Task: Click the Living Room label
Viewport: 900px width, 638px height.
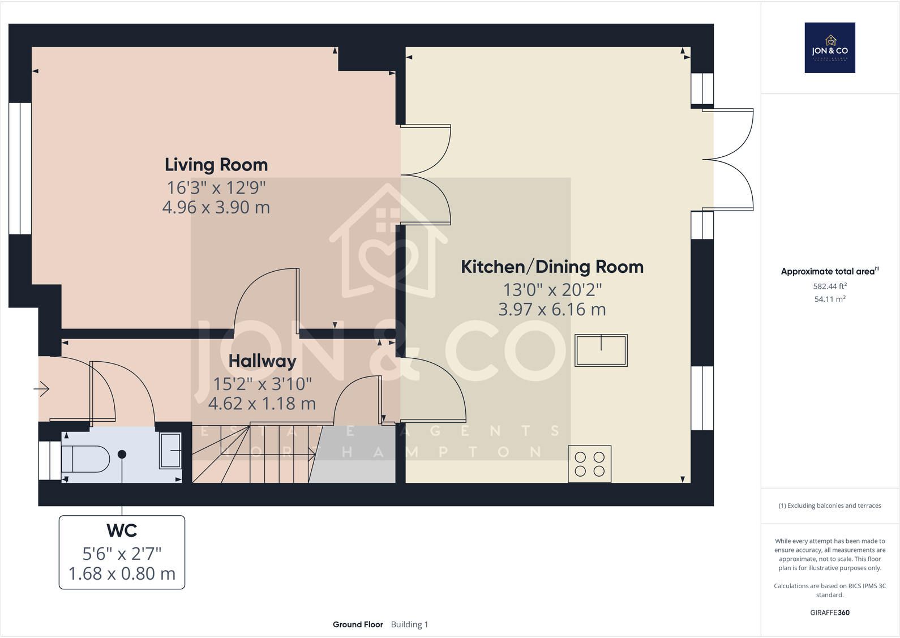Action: click(x=216, y=165)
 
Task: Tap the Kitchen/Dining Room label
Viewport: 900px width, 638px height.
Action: click(x=552, y=267)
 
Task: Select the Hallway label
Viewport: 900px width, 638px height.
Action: click(x=263, y=361)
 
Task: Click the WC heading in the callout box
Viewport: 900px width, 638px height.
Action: click(x=122, y=530)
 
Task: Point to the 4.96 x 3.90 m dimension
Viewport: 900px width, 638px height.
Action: click(x=216, y=207)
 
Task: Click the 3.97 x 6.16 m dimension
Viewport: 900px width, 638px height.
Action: click(x=552, y=309)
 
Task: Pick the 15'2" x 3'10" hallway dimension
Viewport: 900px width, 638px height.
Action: click(x=263, y=384)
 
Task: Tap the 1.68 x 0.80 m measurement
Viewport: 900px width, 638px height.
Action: click(x=122, y=573)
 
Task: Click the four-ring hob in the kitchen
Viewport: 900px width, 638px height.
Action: click(x=589, y=464)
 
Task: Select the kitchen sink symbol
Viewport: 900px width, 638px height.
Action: click(x=601, y=350)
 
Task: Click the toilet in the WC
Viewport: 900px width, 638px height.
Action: click(x=85, y=459)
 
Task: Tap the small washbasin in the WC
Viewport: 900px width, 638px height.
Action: click(x=170, y=451)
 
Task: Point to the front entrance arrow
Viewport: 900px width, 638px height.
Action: click(x=41, y=388)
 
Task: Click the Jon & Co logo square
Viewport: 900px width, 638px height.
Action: click(x=830, y=48)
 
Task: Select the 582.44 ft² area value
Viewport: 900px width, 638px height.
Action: click(x=830, y=286)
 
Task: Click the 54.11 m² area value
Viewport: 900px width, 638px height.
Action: click(x=830, y=299)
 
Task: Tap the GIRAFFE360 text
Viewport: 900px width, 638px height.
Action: click(x=830, y=613)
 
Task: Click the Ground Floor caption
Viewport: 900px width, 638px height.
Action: click(x=358, y=624)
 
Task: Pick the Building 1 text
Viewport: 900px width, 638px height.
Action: click(x=409, y=624)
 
